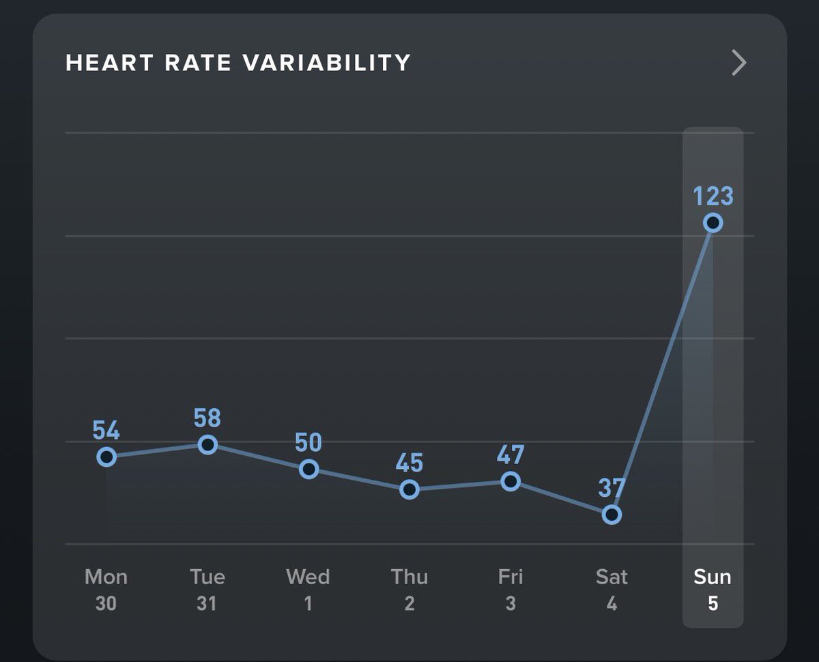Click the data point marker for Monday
(x=106, y=457)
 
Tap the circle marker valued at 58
(x=207, y=444)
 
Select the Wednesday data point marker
(x=309, y=469)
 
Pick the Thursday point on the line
(x=409, y=489)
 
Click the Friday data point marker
(x=511, y=482)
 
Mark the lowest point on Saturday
(x=612, y=515)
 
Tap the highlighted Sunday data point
(x=713, y=222)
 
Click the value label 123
(x=713, y=197)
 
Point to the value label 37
(x=612, y=489)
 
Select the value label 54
(x=106, y=431)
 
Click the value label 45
(x=409, y=463)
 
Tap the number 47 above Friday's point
(x=511, y=455)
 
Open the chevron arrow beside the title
(x=738, y=63)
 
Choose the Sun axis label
(x=713, y=577)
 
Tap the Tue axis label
(x=207, y=577)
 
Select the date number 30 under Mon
(x=106, y=604)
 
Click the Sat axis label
(x=612, y=577)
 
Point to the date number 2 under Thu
(x=409, y=604)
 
